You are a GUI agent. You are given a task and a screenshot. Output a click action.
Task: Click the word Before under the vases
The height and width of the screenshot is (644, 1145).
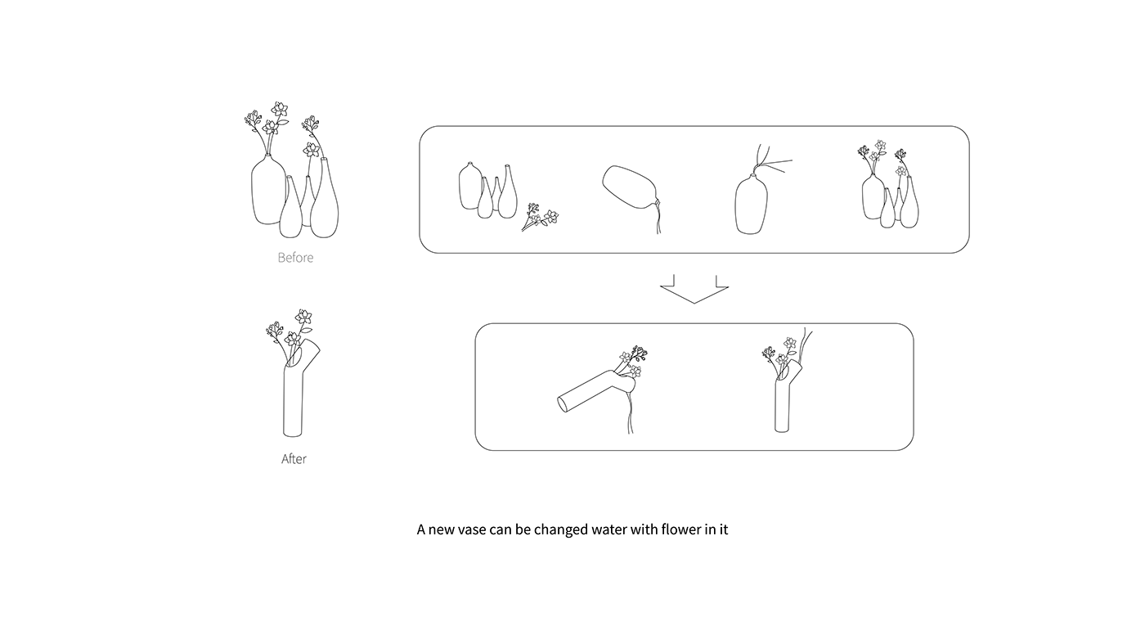(295, 258)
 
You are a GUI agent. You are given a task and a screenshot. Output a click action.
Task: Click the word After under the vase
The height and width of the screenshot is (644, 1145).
(294, 459)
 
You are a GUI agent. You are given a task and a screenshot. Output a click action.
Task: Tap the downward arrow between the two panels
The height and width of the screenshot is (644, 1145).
(694, 289)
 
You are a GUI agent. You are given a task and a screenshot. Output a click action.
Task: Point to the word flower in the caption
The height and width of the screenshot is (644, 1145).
(680, 529)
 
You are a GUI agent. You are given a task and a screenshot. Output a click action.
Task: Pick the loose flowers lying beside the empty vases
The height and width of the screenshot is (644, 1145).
(540, 218)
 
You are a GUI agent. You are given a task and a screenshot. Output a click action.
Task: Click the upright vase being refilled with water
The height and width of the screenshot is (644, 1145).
(752, 205)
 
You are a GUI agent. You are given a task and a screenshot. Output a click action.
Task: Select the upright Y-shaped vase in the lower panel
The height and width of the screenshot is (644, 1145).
(784, 401)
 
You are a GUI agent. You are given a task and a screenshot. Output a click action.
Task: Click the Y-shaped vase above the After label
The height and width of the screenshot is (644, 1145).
(294, 393)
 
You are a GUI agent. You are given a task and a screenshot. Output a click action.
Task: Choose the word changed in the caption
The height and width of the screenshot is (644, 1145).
(561, 529)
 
